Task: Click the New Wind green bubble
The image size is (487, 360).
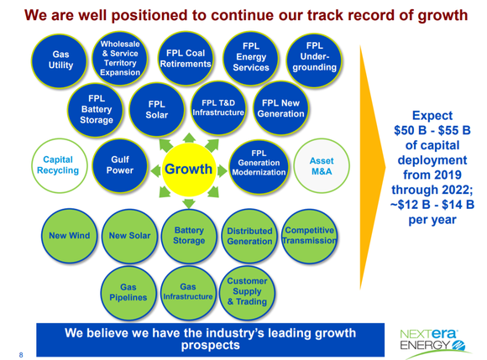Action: pyautogui.click(x=65, y=236)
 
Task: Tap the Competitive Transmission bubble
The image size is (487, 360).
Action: pyautogui.click(x=311, y=236)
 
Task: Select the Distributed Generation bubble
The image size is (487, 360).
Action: pyautogui.click(x=249, y=236)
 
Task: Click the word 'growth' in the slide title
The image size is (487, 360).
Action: pyautogui.click(x=437, y=15)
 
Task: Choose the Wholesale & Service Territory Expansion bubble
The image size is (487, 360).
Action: pyautogui.click(x=120, y=57)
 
